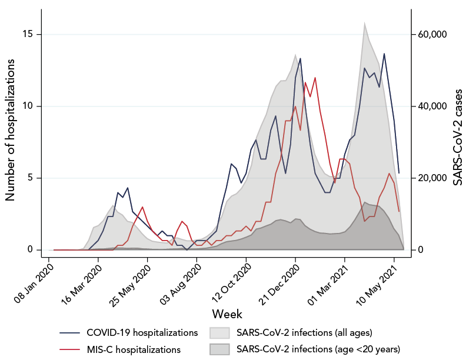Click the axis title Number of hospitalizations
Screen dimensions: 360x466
[x=11, y=142]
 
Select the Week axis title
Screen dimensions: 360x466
[x=227, y=314]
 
